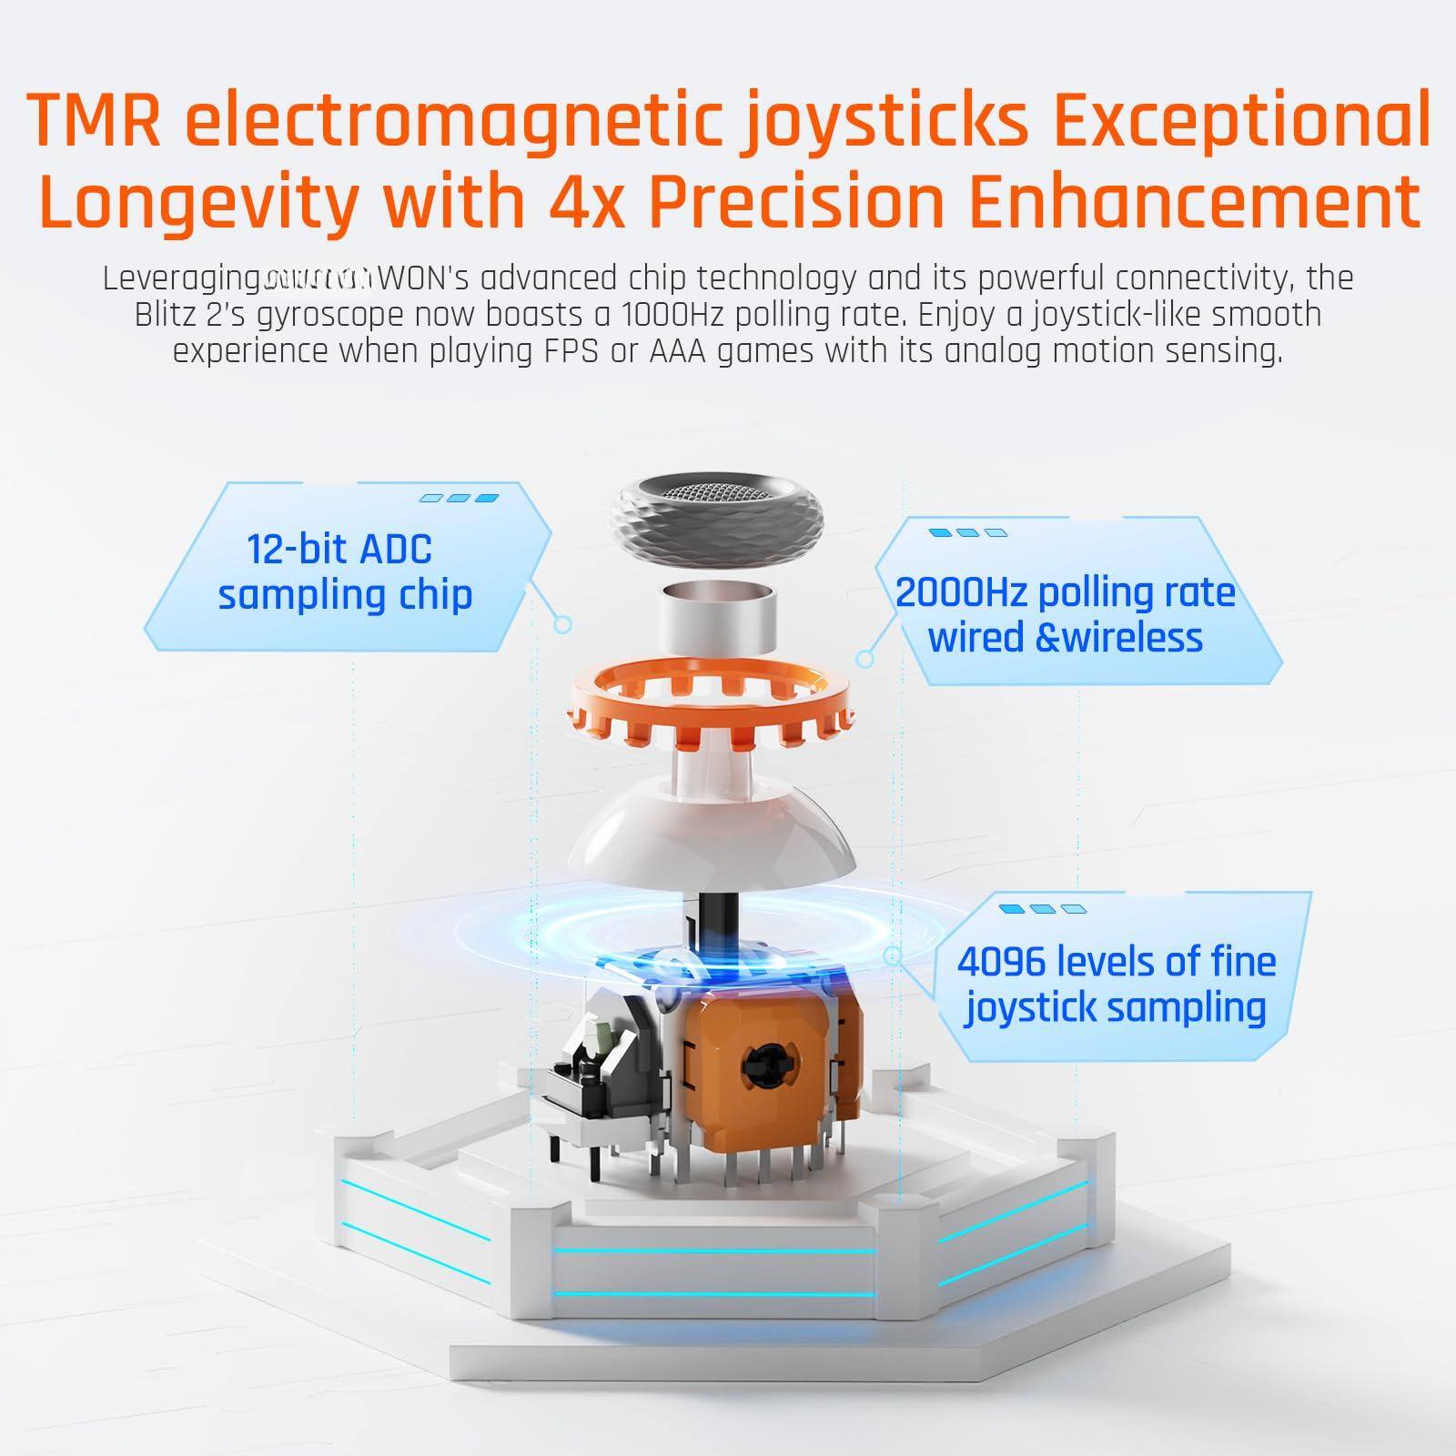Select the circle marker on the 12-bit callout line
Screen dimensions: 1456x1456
(562, 624)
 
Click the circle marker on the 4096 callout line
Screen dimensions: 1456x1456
(893, 955)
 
